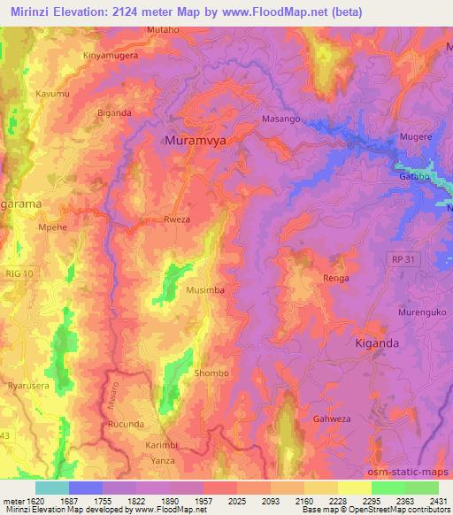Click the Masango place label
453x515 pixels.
point(280,118)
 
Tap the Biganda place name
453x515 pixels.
point(114,112)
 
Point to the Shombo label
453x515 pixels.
point(211,373)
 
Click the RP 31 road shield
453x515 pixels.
point(399,257)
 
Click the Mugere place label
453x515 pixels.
point(415,137)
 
